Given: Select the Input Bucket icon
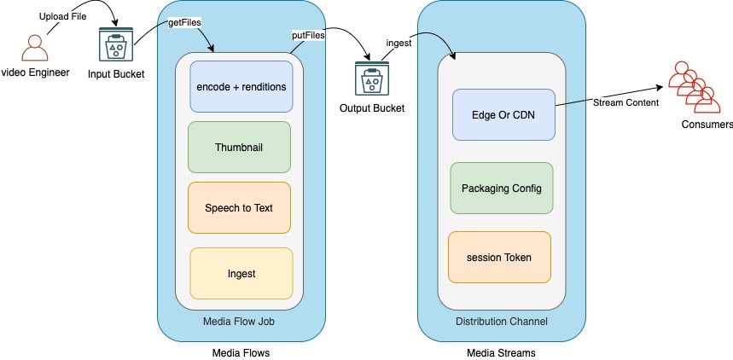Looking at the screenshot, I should [x=116, y=46].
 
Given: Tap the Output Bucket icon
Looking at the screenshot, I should [x=371, y=79].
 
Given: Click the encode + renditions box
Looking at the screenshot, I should [x=241, y=86].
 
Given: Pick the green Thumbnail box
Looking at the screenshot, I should [x=239, y=147].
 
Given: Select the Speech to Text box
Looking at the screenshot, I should [x=239, y=207].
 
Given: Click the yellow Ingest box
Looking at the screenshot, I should [x=241, y=273].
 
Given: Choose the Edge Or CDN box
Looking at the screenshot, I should [x=503, y=114].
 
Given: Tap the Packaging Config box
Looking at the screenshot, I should [x=501, y=188].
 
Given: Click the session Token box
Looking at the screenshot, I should [x=499, y=257].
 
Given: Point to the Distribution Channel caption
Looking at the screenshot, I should [x=501, y=321].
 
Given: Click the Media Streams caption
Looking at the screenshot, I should [x=500, y=352].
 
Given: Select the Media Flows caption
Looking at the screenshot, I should [x=241, y=352].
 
